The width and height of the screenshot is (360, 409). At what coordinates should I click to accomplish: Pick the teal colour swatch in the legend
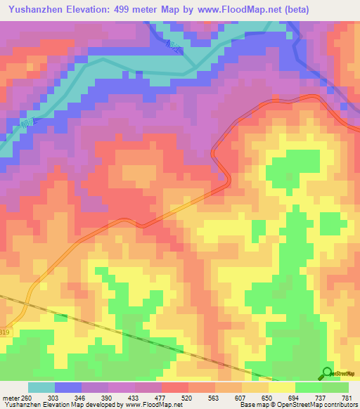coord(41,387)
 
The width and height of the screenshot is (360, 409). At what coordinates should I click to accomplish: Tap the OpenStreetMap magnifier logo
coord(328,373)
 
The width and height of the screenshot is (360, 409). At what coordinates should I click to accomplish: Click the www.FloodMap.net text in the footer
coord(150,405)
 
